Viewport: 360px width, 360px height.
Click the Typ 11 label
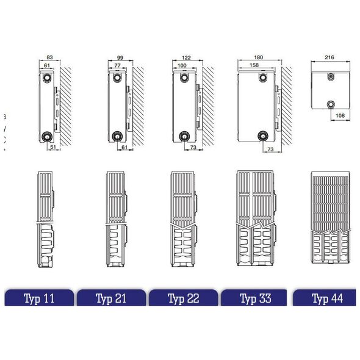point(39,298)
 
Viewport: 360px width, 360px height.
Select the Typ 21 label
point(111,298)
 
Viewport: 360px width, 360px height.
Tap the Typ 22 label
point(184,298)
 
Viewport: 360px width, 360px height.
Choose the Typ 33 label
point(256,298)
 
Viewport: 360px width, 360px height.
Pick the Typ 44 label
point(328,298)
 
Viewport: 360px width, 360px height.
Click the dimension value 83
point(49,57)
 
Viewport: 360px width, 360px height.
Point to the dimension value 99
point(120,57)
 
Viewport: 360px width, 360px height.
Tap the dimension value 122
point(186,57)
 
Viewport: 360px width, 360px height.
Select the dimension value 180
point(259,57)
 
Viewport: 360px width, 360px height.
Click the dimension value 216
point(329,57)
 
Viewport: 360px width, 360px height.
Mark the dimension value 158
point(254,65)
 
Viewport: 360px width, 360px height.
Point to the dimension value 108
point(340,115)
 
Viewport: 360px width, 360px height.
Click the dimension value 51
point(53,146)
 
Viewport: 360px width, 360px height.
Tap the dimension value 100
point(182,65)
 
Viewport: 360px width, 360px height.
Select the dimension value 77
point(117,65)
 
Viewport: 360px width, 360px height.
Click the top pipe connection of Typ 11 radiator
point(47,77)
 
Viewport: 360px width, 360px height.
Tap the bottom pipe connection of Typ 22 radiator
point(184,137)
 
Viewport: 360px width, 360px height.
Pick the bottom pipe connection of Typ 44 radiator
point(331,104)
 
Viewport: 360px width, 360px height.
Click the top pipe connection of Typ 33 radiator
point(263,77)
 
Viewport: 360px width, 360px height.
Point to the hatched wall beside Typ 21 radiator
point(139,106)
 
